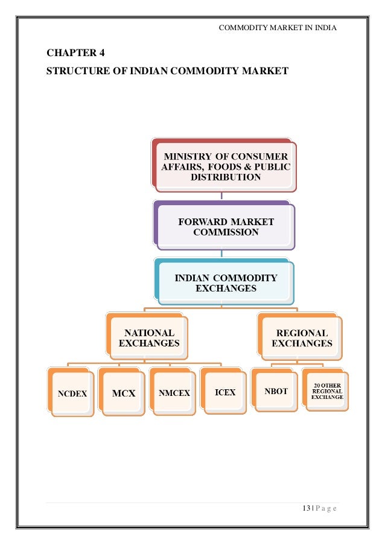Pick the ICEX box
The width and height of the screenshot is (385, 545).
225,393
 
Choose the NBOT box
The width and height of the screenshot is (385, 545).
276,392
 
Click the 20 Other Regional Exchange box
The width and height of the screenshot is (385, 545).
327,390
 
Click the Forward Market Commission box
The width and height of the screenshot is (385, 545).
226,227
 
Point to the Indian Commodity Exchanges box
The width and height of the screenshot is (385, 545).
226,283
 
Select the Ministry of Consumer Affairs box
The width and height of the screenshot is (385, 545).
225,167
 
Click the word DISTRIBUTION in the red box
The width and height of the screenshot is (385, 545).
226,177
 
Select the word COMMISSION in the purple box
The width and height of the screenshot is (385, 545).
226,232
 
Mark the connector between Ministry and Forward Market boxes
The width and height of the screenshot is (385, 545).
223,194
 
